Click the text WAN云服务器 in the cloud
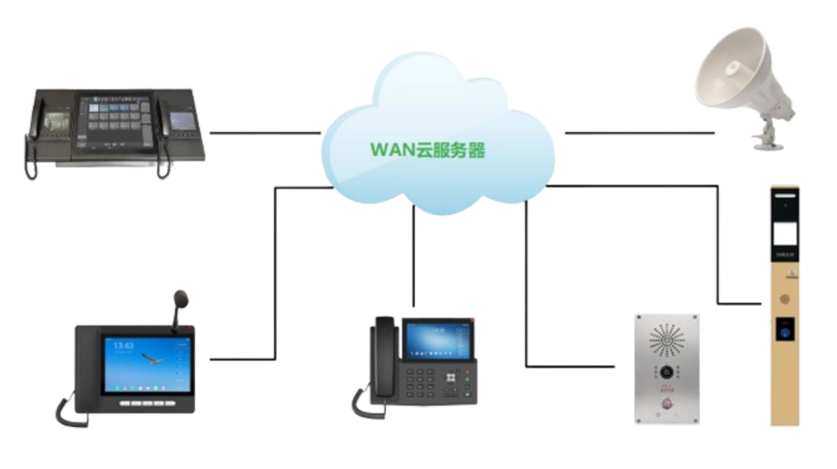tap(428, 152)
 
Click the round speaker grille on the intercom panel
tap(666, 339)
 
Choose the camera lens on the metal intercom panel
tap(666, 372)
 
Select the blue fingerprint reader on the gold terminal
tap(785, 328)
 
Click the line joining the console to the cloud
tap(264, 131)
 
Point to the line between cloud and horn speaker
tap(639, 131)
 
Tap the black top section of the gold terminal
tap(785, 201)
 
